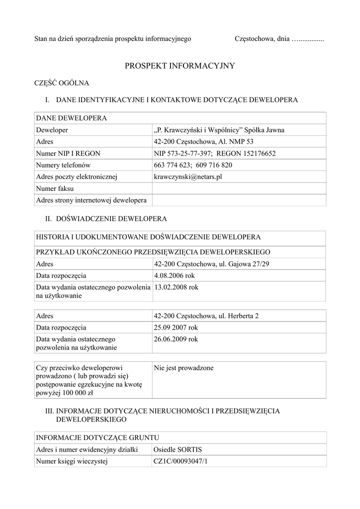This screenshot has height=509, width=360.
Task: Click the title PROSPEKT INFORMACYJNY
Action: (x=180, y=66)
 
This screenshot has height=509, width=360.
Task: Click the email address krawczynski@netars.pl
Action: (x=186, y=176)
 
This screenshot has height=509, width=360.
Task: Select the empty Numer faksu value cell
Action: (x=239, y=188)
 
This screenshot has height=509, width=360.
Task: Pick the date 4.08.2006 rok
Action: (x=176, y=275)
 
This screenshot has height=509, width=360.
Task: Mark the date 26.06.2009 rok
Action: (x=176, y=339)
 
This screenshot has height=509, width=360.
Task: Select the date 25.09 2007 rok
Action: (x=176, y=328)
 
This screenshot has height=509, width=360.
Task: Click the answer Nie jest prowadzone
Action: (x=184, y=368)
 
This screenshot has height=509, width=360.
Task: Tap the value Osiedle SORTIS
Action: (x=178, y=450)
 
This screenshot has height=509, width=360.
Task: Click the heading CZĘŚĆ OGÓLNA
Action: (x=61, y=83)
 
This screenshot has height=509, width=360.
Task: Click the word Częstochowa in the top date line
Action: (x=252, y=38)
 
